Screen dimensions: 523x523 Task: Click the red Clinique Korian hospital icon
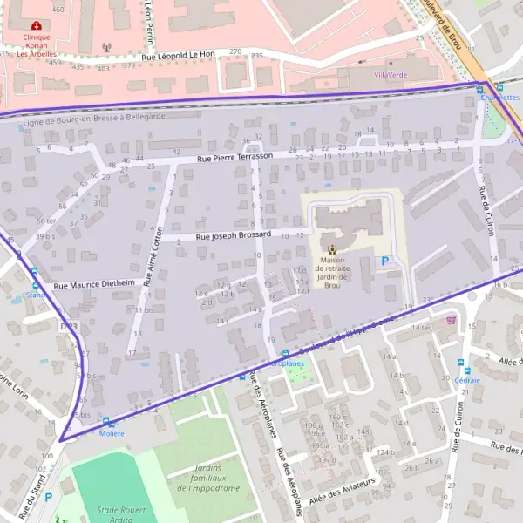(x=36, y=26)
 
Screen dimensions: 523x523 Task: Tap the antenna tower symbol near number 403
(x=106, y=48)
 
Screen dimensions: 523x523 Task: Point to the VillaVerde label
(x=391, y=75)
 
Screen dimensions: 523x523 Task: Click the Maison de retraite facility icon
(x=330, y=248)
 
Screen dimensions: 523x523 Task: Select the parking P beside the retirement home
(x=385, y=261)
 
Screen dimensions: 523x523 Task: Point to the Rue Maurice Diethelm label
(x=94, y=284)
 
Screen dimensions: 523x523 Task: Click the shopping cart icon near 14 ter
(x=451, y=320)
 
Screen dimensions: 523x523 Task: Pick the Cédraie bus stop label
(x=466, y=380)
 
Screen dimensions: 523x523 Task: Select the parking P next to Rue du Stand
(x=48, y=497)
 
